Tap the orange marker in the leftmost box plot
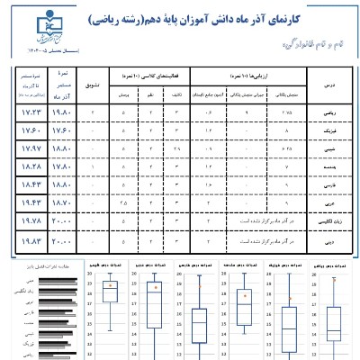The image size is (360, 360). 111,288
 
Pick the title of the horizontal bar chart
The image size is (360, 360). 40,267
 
